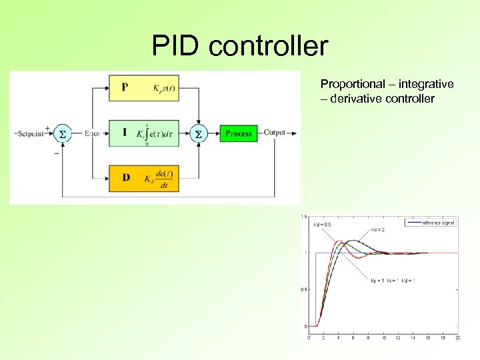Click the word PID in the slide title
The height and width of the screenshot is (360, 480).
point(175,46)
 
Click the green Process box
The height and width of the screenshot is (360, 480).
point(239,133)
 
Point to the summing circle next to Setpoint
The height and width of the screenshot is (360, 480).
point(62,133)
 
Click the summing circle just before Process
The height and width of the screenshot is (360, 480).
point(199,133)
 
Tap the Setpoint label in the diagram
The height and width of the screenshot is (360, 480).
point(31,133)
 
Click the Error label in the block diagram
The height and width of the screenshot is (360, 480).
point(92,133)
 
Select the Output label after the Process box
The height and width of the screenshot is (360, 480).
point(275,133)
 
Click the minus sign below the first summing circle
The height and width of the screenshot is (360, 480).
point(55,153)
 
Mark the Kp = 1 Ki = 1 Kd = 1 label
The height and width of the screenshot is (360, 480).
point(393,281)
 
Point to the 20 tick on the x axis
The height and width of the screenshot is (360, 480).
point(457,338)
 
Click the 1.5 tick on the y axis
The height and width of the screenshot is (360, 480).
point(303,217)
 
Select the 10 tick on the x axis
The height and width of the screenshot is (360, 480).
point(383,338)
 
